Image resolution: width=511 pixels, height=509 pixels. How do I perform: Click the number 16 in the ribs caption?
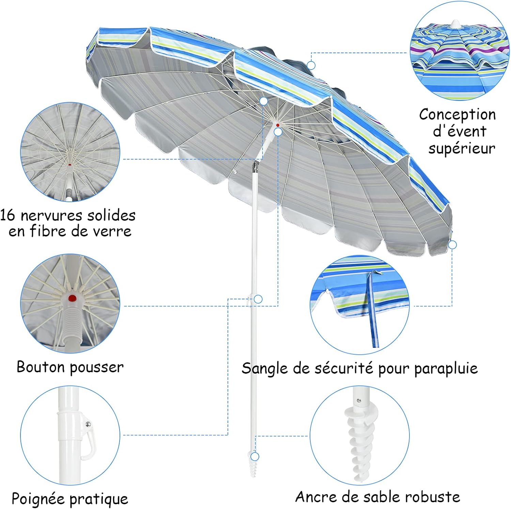[x=7, y=215]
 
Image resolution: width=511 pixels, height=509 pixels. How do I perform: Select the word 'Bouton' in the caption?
[x=41, y=367]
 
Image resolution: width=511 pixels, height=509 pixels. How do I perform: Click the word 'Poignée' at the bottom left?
[x=38, y=499]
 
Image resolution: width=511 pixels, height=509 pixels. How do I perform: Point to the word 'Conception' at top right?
[x=457, y=115]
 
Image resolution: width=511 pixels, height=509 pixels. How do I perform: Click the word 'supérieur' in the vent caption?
[x=462, y=149]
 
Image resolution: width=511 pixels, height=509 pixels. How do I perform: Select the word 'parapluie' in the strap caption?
[x=446, y=369]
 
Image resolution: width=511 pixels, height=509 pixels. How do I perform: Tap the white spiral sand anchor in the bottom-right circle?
[x=356, y=440]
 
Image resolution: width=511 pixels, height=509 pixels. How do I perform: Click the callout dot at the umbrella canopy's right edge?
[x=452, y=245]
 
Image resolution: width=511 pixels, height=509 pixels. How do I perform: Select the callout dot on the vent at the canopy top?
[x=311, y=65]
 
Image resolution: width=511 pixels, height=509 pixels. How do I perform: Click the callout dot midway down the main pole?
[x=258, y=299]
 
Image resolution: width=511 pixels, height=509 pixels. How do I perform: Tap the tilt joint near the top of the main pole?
[x=255, y=167]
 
